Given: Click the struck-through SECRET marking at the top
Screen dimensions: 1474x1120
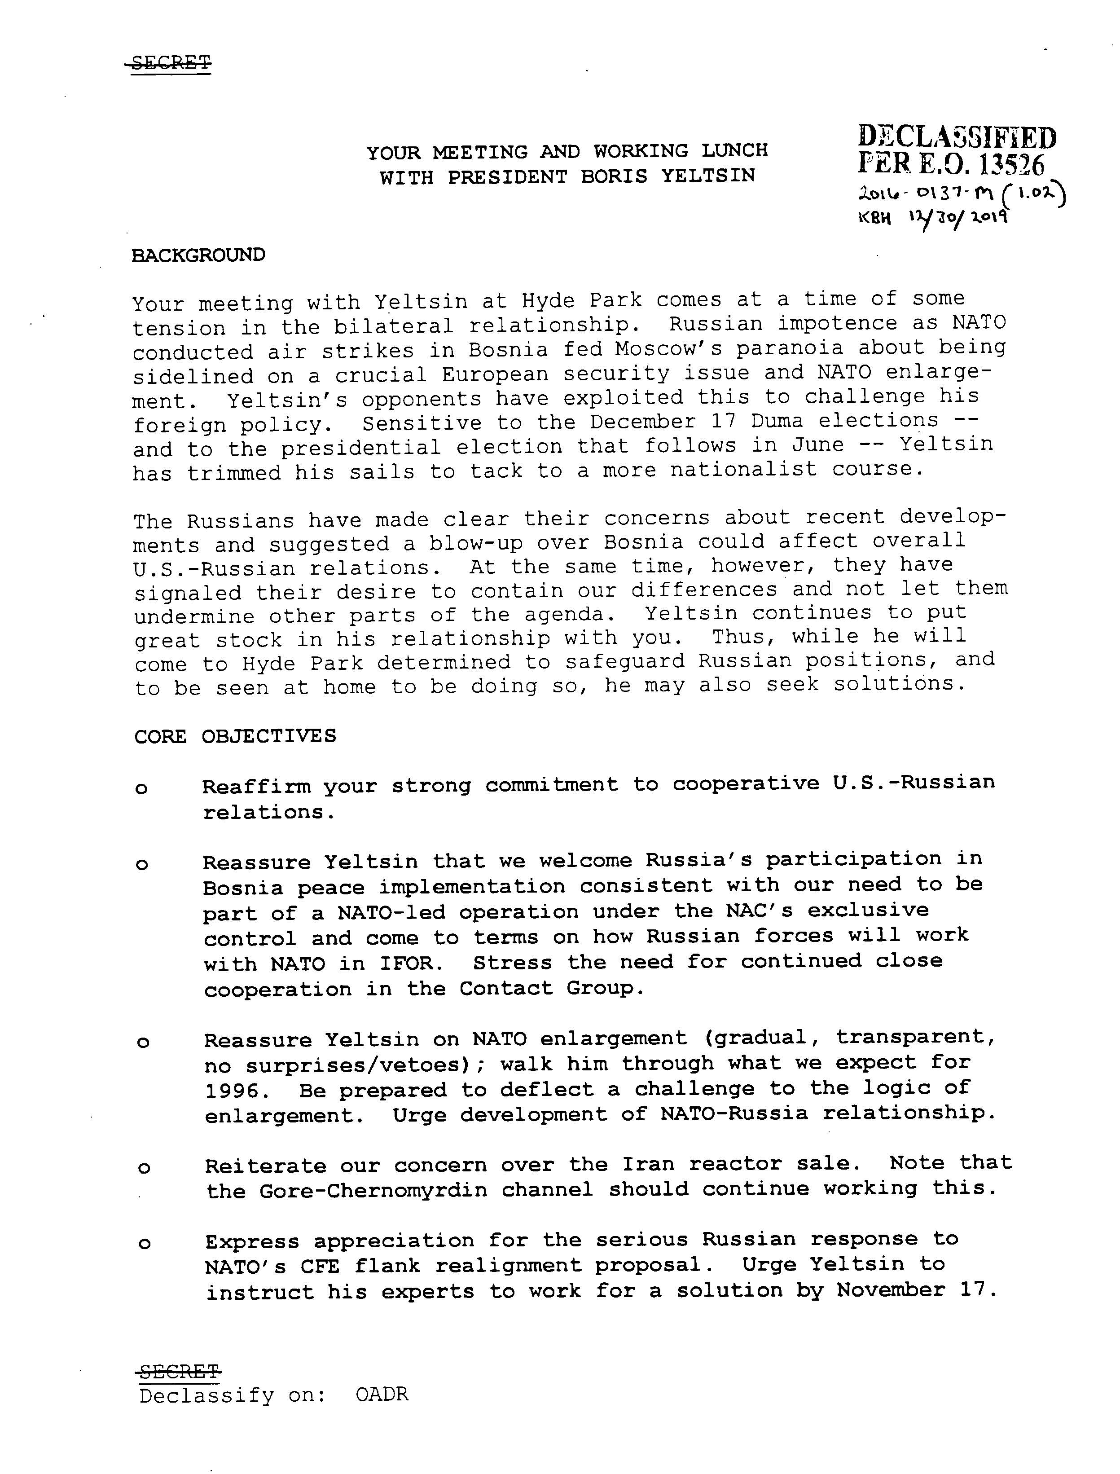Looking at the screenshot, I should pyautogui.click(x=171, y=63).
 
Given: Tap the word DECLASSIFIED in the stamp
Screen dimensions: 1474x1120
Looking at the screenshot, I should pyautogui.click(x=957, y=137).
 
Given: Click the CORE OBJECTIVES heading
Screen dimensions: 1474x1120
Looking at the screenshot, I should pyautogui.click(x=235, y=736).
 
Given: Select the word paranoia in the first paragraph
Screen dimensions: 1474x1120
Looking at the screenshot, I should pyautogui.click(x=791, y=348).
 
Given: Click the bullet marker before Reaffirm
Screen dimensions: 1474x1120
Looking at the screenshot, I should pyautogui.click(x=141, y=789).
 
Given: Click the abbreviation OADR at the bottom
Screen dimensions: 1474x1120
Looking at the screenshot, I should pyautogui.click(x=382, y=1395).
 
